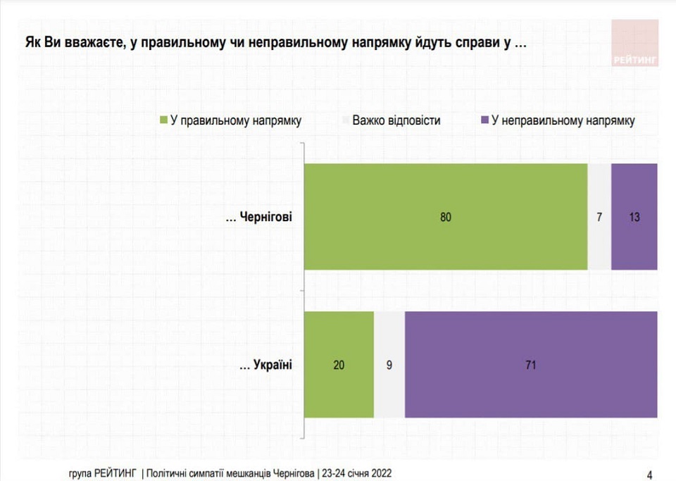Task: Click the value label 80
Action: click(445, 217)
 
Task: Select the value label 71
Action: click(531, 365)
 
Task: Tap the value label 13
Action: click(634, 217)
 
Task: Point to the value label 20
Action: click(339, 365)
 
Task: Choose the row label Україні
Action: click(265, 364)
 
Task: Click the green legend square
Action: click(164, 120)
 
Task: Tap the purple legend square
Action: click(484, 120)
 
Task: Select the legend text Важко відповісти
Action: click(396, 120)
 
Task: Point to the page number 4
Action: click(649, 473)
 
